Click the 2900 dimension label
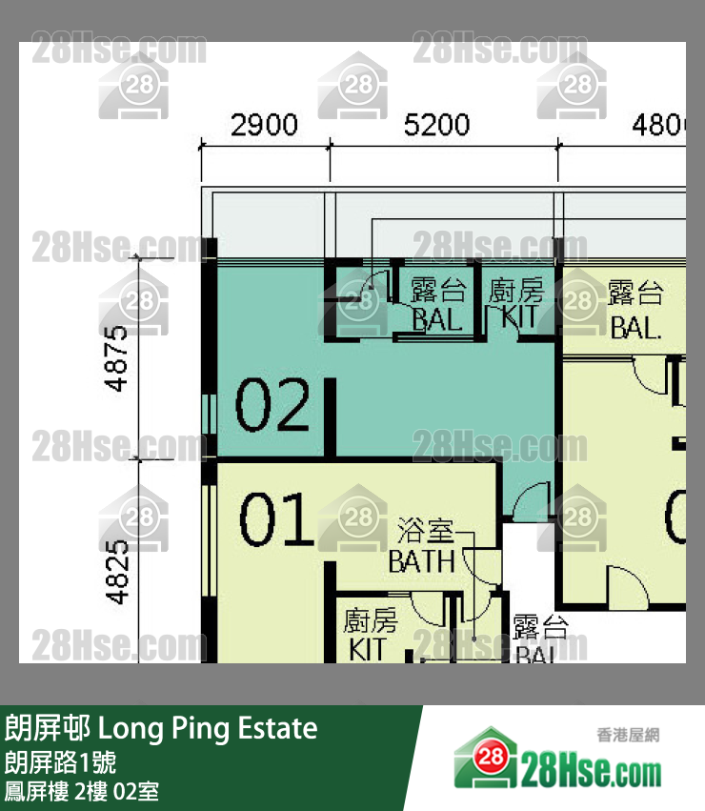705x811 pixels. [264, 125]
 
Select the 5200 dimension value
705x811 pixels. [437, 125]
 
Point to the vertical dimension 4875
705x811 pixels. [117, 358]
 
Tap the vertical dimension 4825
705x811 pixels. [117, 572]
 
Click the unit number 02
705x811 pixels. [272, 405]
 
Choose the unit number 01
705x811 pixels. [276, 520]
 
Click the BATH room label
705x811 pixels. [421, 562]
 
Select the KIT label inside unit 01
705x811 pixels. [368, 649]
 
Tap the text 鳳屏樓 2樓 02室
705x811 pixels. [82, 790]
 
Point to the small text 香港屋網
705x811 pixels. [628, 735]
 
